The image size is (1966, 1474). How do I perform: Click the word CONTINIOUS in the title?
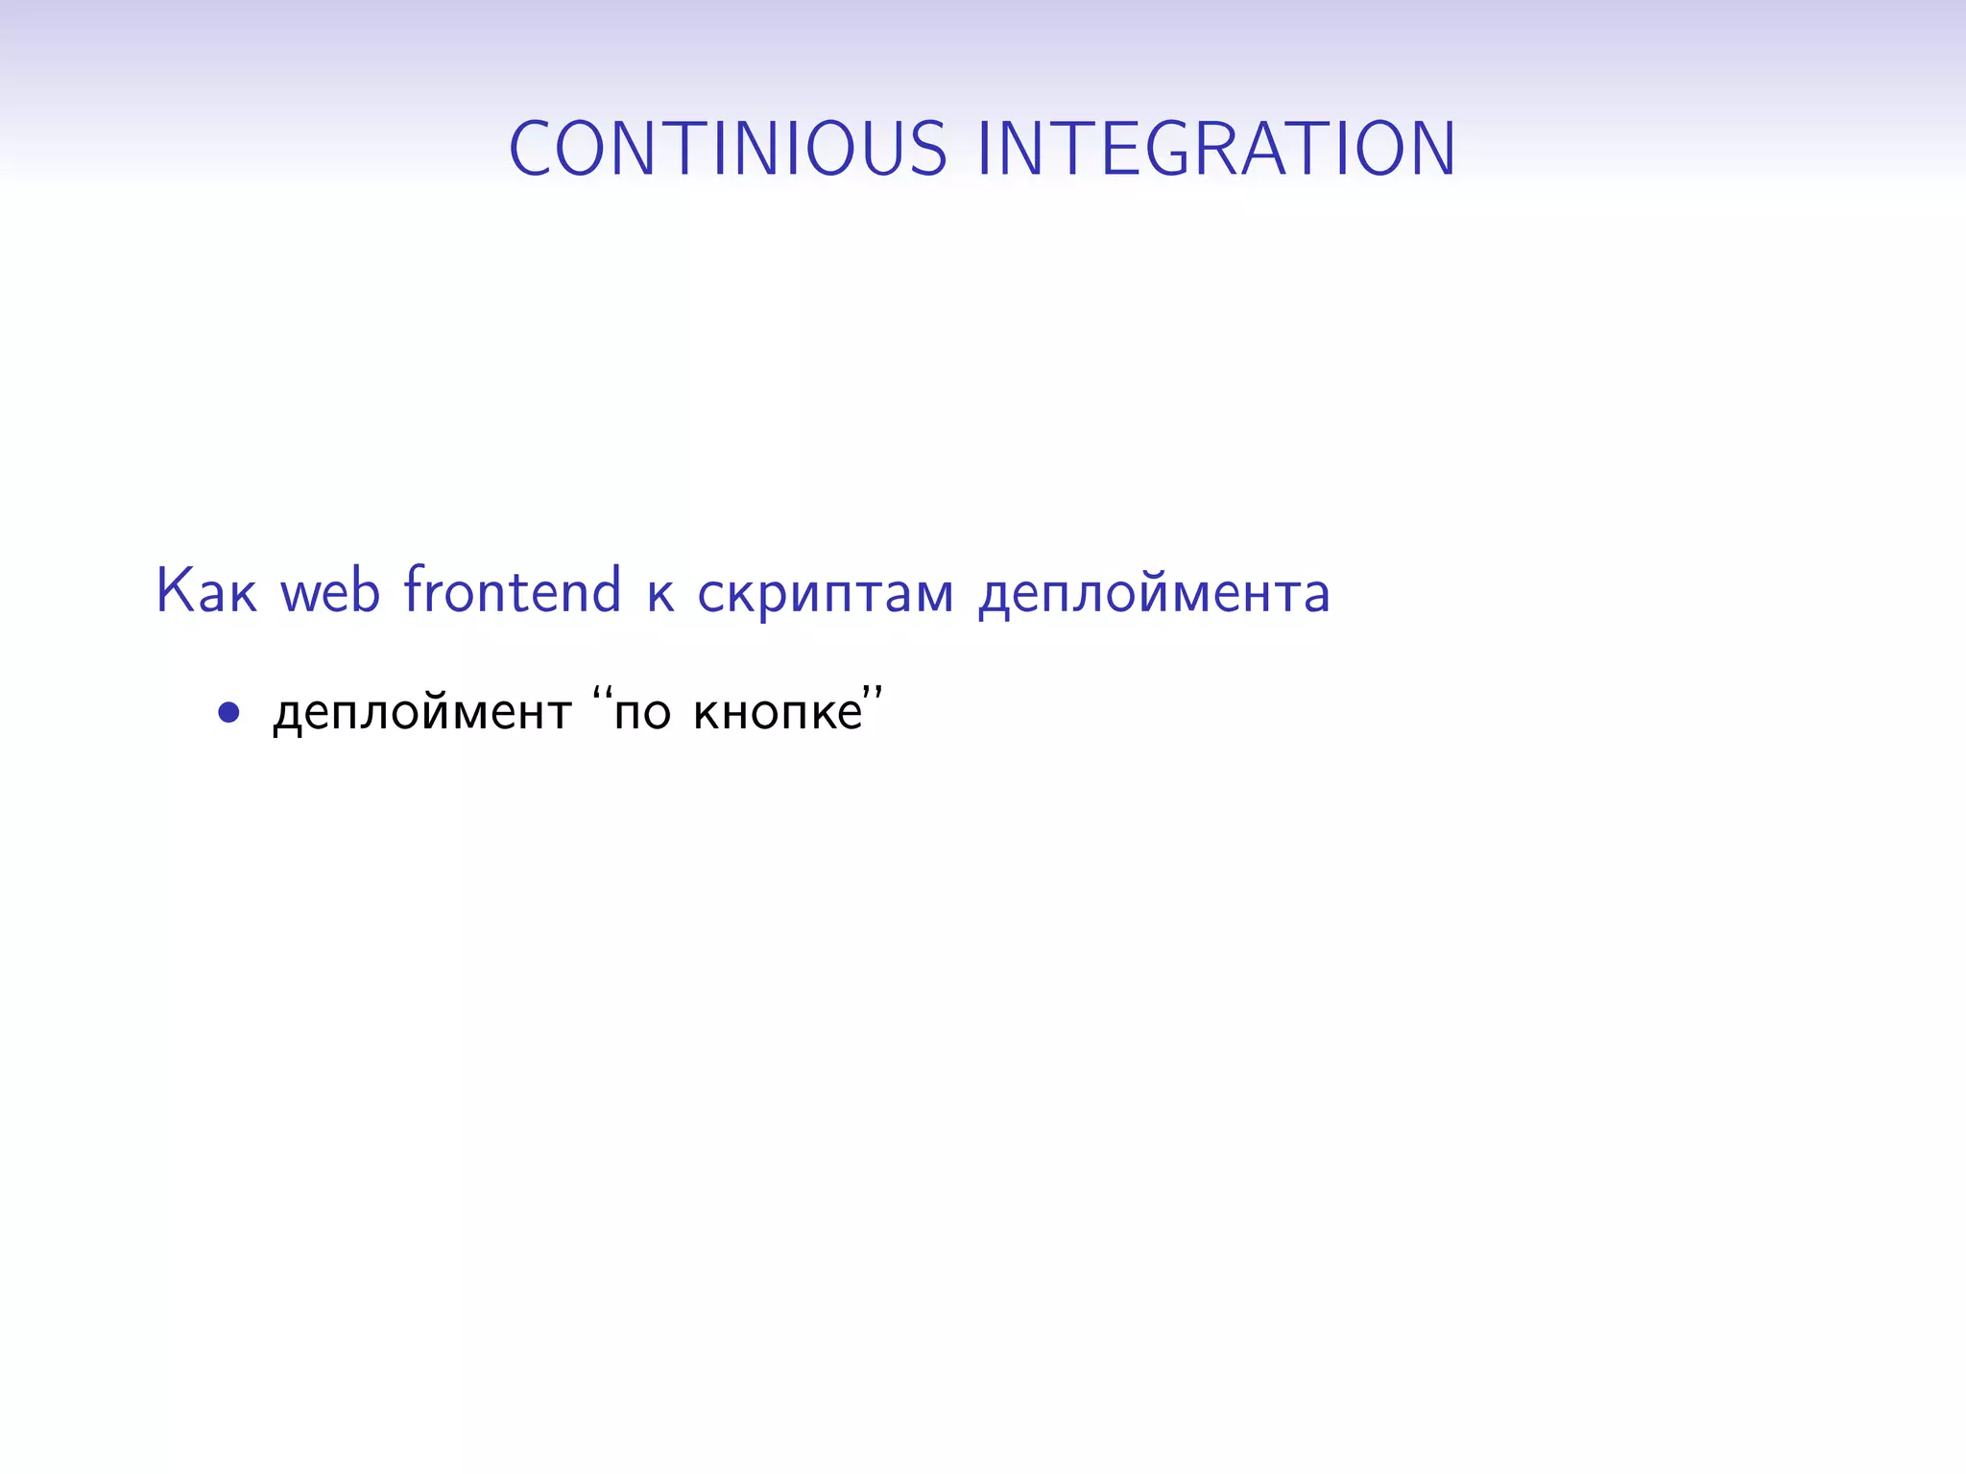pos(728,149)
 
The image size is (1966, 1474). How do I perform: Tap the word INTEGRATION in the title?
pos(1216,149)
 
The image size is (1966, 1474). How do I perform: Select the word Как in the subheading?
pos(206,590)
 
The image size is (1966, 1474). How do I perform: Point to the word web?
pos(330,590)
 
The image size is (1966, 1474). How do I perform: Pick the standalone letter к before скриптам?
pos(660,594)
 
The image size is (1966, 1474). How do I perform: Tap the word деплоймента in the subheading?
pos(1154,595)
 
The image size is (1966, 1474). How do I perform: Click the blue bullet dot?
pos(228,712)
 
